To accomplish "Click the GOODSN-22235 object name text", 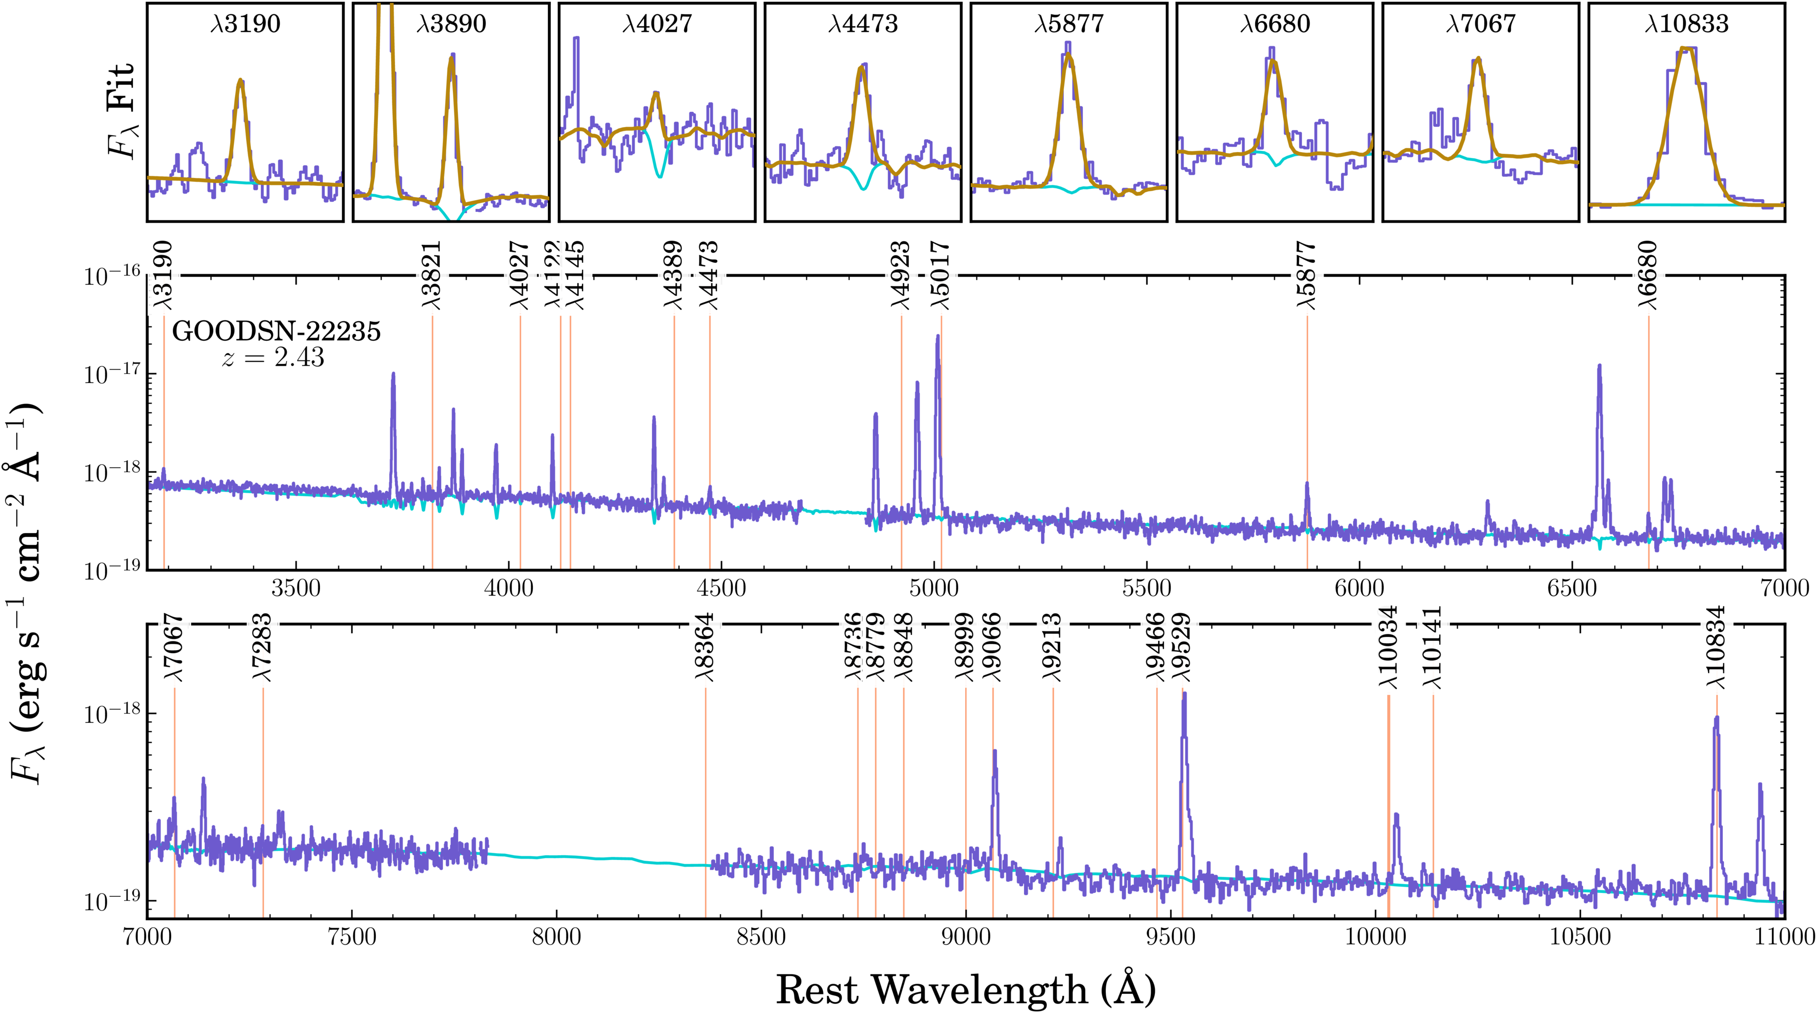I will [x=276, y=331].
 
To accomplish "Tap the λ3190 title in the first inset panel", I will [x=246, y=24].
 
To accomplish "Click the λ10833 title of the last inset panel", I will [x=1686, y=24].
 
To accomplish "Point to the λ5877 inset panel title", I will [x=1069, y=24].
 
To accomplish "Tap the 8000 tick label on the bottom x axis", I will [x=556, y=936].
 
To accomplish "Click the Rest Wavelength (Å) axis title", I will [x=966, y=989].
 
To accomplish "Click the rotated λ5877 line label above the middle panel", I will [x=1306, y=275].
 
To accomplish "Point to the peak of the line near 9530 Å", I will [x=1184, y=694].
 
